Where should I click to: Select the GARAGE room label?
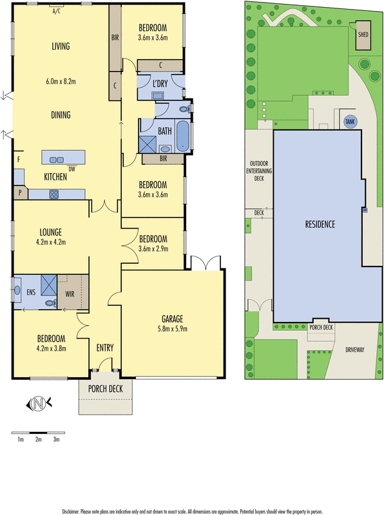(172, 318)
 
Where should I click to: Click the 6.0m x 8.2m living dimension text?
(61, 82)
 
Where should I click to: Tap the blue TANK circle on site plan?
(350, 121)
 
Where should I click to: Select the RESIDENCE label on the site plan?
(320, 224)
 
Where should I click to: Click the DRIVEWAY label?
(354, 350)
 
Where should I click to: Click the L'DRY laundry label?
(161, 82)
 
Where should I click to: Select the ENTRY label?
(105, 348)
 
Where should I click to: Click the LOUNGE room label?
(50, 232)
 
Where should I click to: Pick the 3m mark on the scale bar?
(57, 439)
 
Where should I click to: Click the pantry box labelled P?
(21, 192)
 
